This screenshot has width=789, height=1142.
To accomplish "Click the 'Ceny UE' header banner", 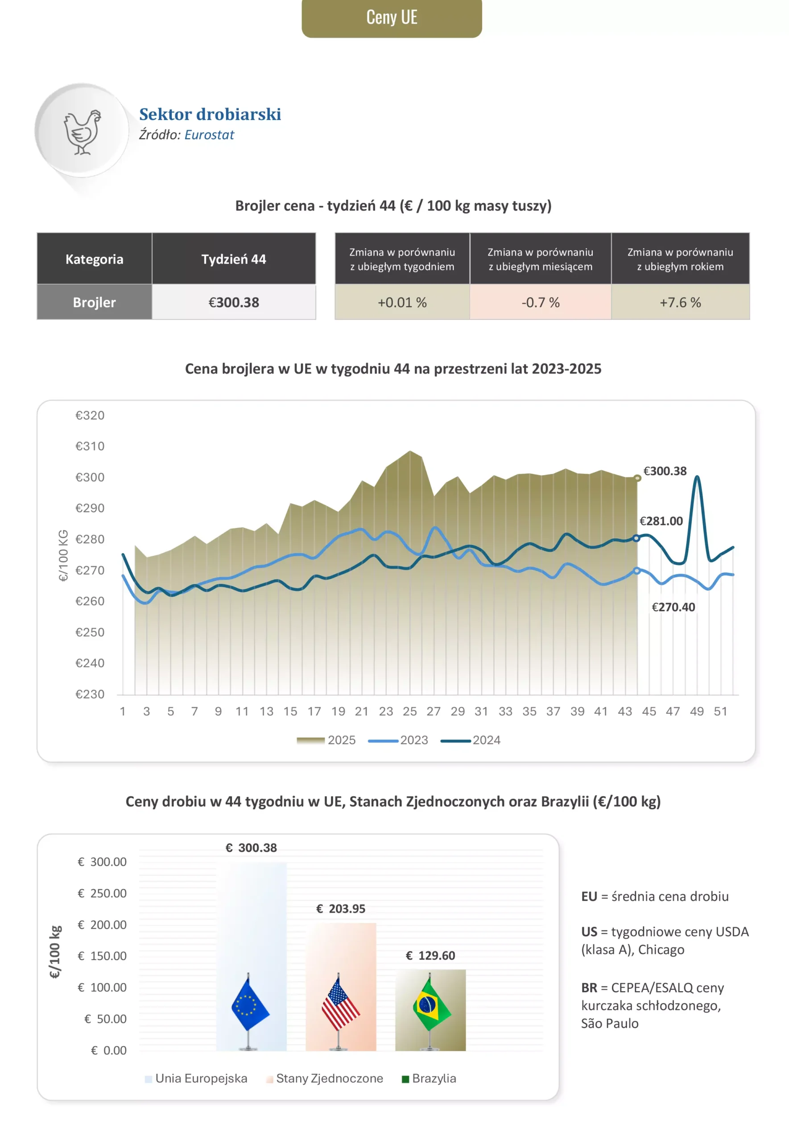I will tap(392, 17).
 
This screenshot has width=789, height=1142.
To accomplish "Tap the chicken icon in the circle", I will tap(82, 132).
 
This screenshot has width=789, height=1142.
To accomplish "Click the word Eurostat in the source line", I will tap(209, 135).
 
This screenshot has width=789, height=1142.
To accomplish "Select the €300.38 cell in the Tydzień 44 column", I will tap(233, 302).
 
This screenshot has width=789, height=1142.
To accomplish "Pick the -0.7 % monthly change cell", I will tap(540, 302).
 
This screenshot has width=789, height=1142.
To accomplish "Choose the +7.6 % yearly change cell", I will tap(680, 302).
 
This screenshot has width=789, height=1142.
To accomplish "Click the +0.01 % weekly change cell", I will tap(402, 302).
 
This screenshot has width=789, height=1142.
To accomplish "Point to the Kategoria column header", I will tap(95, 259).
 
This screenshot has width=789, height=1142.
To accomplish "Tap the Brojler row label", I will tap(95, 302).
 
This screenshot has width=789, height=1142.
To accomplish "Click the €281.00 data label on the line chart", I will tap(661, 521).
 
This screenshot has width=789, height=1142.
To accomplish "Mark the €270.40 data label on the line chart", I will tap(673, 607).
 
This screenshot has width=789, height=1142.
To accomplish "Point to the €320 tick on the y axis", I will tap(90, 415).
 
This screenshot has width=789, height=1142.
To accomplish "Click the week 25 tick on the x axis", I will tap(409, 712).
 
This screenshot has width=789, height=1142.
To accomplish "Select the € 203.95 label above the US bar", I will tap(341, 909).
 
